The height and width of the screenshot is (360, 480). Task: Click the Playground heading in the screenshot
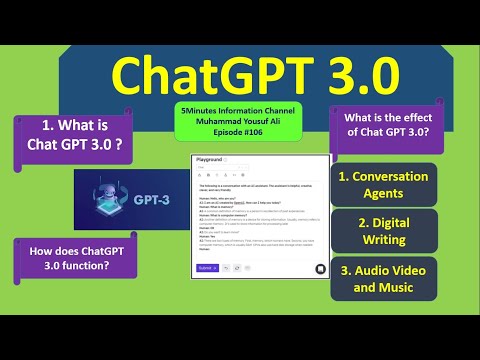210,159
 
